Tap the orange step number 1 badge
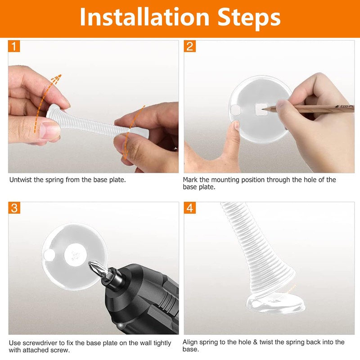(x=14, y=46)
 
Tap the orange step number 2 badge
(x=190, y=46)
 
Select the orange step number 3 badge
(x=14, y=208)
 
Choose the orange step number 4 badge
(x=190, y=208)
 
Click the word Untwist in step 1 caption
(x=21, y=180)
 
